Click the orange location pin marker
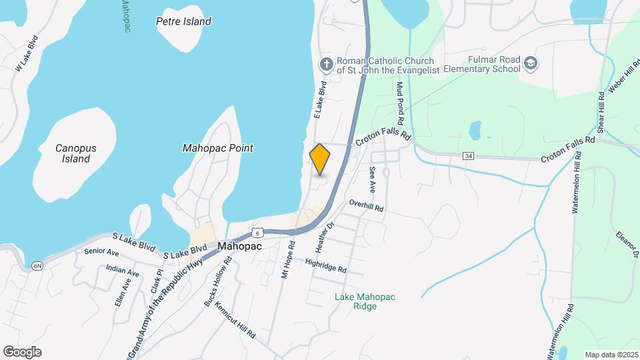pos(320,159)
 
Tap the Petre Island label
pos(183,21)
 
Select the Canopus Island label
pos(72,153)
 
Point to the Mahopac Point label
pos(217,148)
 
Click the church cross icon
pos(326,64)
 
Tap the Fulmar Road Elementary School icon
pos(531,63)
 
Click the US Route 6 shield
pos(258,232)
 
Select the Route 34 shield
pos(471,156)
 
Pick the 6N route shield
pos(37,266)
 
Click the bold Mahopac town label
pos(239,246)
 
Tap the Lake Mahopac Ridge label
pos(356,301)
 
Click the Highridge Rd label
pos(326,266)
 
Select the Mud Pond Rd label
pos(400,105)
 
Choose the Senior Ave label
pos(101,252)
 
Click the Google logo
pos(22,352)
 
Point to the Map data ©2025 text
pos(610,354)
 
